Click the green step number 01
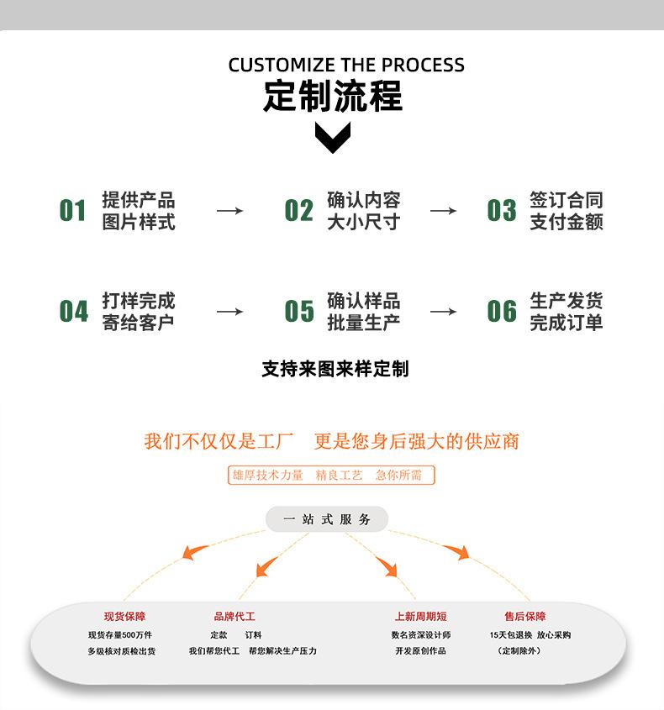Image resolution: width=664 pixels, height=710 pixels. [x=72, y=211]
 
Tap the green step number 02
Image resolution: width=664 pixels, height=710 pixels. [x=299, y=211]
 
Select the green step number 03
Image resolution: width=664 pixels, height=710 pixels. [x=502, y=211]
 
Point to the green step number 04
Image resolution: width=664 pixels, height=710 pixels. [x=73, y=311]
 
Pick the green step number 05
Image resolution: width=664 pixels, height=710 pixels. [x=299, y=311]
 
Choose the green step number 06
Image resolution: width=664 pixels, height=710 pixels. [x=502, y=311]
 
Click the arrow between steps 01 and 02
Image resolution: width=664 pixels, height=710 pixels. [x=229, y=211]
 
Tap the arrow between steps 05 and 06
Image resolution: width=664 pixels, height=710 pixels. [x=443, y=312]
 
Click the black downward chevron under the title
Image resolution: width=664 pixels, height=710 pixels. [x=333, y=138]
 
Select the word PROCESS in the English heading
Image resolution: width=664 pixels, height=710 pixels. [x=423, y=66]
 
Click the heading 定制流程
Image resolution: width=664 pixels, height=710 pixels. [x=333, y=96]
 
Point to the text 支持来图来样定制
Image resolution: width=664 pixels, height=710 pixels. [x=335, y=369]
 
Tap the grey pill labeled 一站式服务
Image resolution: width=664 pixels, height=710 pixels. [x=327, y=519]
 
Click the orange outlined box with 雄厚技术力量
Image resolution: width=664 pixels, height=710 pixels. [x=331, y=475]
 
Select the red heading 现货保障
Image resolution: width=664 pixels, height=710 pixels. [x=124, y=616]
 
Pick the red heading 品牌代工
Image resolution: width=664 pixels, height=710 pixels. [x=235, y=616]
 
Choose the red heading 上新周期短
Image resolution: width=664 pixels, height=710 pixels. [x=421, y=616]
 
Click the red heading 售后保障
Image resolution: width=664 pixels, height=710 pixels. [x=525, y=616]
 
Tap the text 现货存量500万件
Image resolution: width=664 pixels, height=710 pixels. [x=120, y=635]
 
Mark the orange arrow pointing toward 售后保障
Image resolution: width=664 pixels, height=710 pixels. [x=456, y=551]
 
